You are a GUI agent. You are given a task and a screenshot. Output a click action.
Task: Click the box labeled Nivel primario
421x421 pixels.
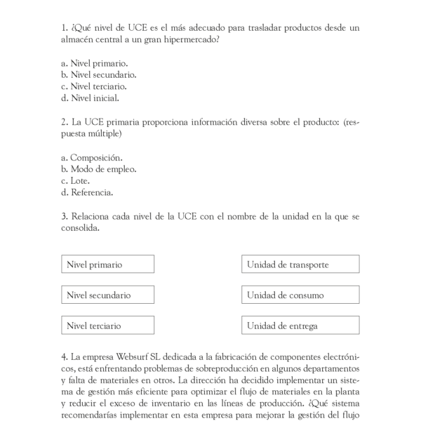click(x=107, y=265)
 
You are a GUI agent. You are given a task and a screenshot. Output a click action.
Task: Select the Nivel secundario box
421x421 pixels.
click(x=107, y=295)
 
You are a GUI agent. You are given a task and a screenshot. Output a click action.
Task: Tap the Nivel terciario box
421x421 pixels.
click(x=107, y=326)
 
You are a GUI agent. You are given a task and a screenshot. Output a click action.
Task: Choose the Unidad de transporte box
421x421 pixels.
click(x=300, y=265)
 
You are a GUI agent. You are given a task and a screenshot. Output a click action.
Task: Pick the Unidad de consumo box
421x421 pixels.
click(x=300, y=295)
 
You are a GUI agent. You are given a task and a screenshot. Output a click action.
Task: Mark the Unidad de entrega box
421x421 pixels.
click(x=300, y=326)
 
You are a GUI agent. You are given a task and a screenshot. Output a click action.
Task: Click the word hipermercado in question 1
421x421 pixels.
click(x=186, y=39)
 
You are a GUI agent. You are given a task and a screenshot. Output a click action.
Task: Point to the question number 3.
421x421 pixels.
click(x=64, y=216)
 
